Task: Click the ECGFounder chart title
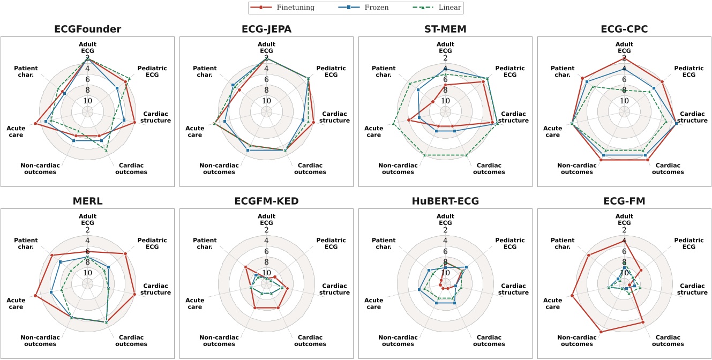tap(87, 29)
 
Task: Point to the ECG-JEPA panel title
tap(266, 29)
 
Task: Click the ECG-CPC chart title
tap(624, 29)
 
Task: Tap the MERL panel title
tap(87, 201)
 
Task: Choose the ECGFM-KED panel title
tap(266, 201)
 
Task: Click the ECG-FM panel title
tap(624, 201)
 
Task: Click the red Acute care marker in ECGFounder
tap(35, 124)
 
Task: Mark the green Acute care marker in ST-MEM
tap(393, 124)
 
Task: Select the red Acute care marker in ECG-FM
tap(572, 296)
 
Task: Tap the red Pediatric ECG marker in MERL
tap(125, 254)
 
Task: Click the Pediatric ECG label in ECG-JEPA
tap(331, 72)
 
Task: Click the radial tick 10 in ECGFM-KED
tap(266, 273)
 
